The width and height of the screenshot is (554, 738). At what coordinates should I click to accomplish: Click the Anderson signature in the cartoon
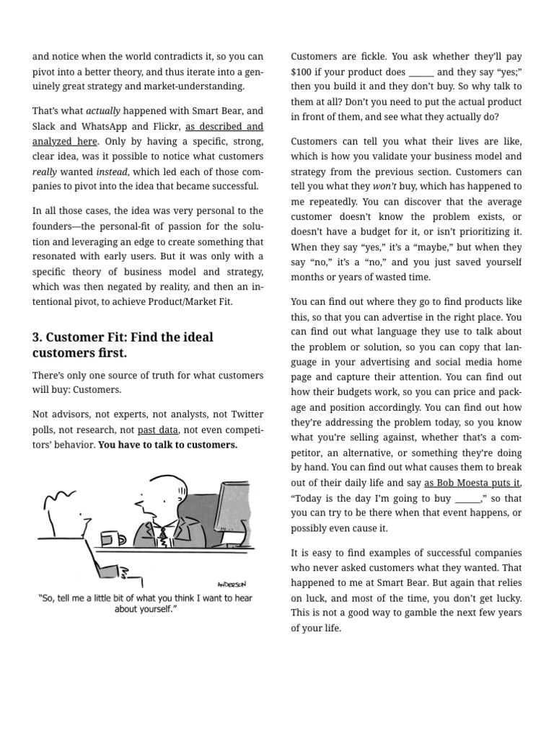(231, 584)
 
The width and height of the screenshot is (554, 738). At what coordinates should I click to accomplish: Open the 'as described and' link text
(224, 126)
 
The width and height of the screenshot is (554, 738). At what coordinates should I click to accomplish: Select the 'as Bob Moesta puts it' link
(472, 482)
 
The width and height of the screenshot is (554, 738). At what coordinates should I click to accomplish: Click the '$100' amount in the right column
(302, 71)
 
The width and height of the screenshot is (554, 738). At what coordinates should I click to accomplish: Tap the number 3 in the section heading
(36, 337)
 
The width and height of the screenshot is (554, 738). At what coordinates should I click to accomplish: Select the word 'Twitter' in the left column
(245, 414)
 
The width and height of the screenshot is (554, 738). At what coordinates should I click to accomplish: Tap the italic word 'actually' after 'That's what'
(103, 111)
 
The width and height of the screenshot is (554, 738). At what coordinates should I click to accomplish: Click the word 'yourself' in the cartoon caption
(158, 609)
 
